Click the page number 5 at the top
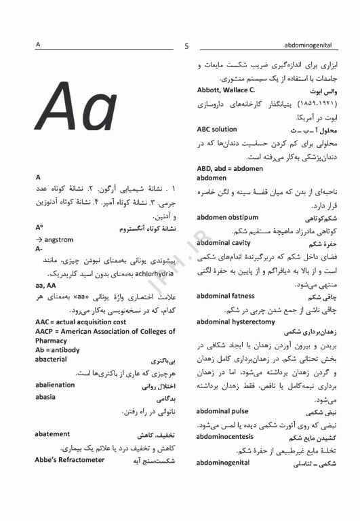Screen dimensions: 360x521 pos(186,46)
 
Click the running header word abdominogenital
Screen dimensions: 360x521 pos(308,45)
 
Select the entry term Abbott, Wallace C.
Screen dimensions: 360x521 pos(226,90)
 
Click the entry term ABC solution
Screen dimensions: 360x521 pos(217,129)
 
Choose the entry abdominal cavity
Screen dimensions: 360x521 pos(223,243)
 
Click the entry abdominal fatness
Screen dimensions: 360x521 pos(225,296)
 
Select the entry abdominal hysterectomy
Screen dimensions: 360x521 pos(235,322)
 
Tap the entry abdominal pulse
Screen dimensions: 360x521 pos(222,411)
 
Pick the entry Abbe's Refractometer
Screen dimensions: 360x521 pos(70,459)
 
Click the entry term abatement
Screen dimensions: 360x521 pos(52,434)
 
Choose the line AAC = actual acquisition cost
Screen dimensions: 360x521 pos(81,321)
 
